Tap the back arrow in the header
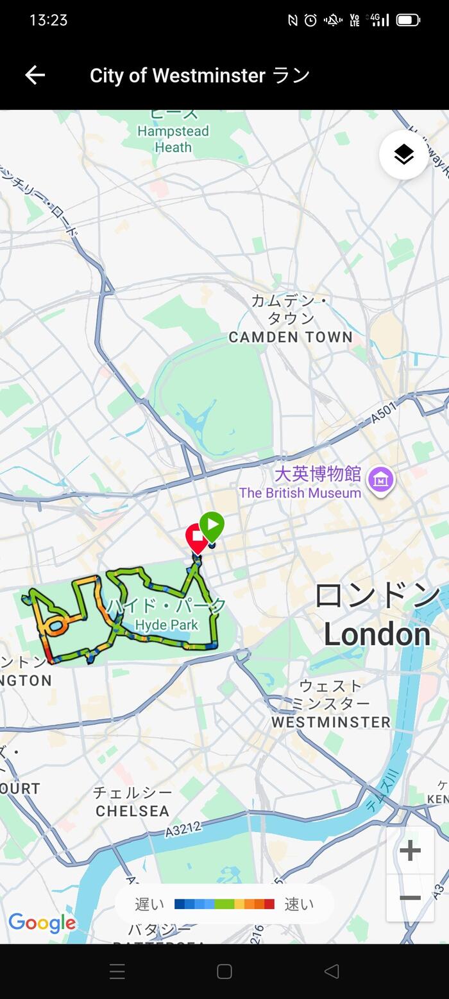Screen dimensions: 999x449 [x=35, y=75]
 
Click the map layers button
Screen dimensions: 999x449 [x=403, y=154]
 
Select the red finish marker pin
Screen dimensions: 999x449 [x=196, y=537]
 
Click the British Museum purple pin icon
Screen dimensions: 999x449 [x=380, y=480]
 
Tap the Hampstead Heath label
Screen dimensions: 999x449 [x=173, y=139]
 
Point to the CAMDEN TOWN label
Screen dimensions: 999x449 [x=291, y=337]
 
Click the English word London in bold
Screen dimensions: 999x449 [x=377, y=634]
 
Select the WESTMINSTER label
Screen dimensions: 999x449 [x=331, y=722]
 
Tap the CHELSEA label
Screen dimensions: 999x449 [x=132, y=811]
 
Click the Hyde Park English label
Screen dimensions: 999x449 [x=167, y=625]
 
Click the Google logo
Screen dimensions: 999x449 [x=42, y=923]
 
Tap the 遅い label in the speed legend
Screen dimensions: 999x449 [x=149, y=904]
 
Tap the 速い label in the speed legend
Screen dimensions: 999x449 [x=299, y=904]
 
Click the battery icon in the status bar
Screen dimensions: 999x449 [x=408, y=20]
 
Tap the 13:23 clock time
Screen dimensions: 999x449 [x=48, y=20]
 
